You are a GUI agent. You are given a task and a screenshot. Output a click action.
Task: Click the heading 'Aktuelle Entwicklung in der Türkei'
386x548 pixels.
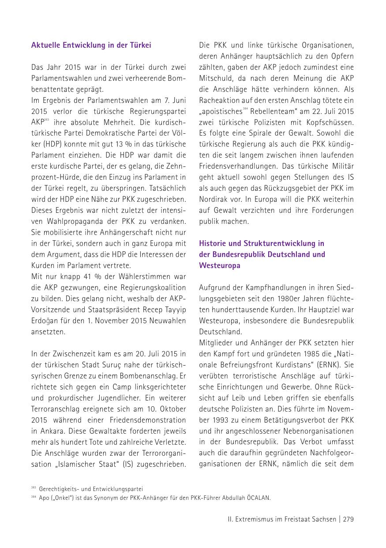coord(91,45)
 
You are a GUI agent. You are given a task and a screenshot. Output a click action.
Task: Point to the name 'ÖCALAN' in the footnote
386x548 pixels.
coord(259,498)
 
